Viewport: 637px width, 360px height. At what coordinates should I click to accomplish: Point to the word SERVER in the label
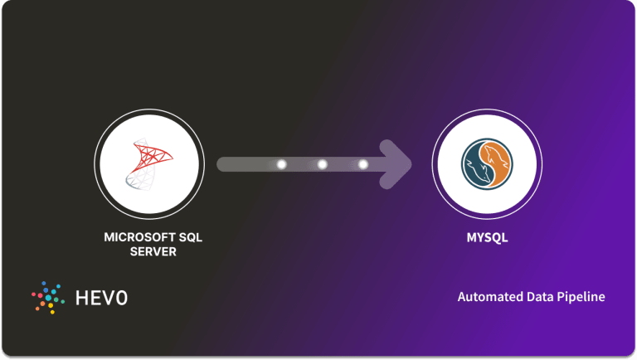[153, 251]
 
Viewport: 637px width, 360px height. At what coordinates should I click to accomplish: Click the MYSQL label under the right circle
[487, 238]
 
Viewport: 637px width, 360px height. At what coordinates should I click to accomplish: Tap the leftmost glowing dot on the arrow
[281, 164]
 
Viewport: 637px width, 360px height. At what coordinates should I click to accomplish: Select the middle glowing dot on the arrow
[323, 164]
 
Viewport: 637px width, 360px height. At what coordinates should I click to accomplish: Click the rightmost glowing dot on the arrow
[362, 164]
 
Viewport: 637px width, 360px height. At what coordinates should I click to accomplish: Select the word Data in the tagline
[537, 297]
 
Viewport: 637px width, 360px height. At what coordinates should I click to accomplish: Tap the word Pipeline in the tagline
[580, 297]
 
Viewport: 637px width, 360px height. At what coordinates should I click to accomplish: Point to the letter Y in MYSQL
[479, 238]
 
